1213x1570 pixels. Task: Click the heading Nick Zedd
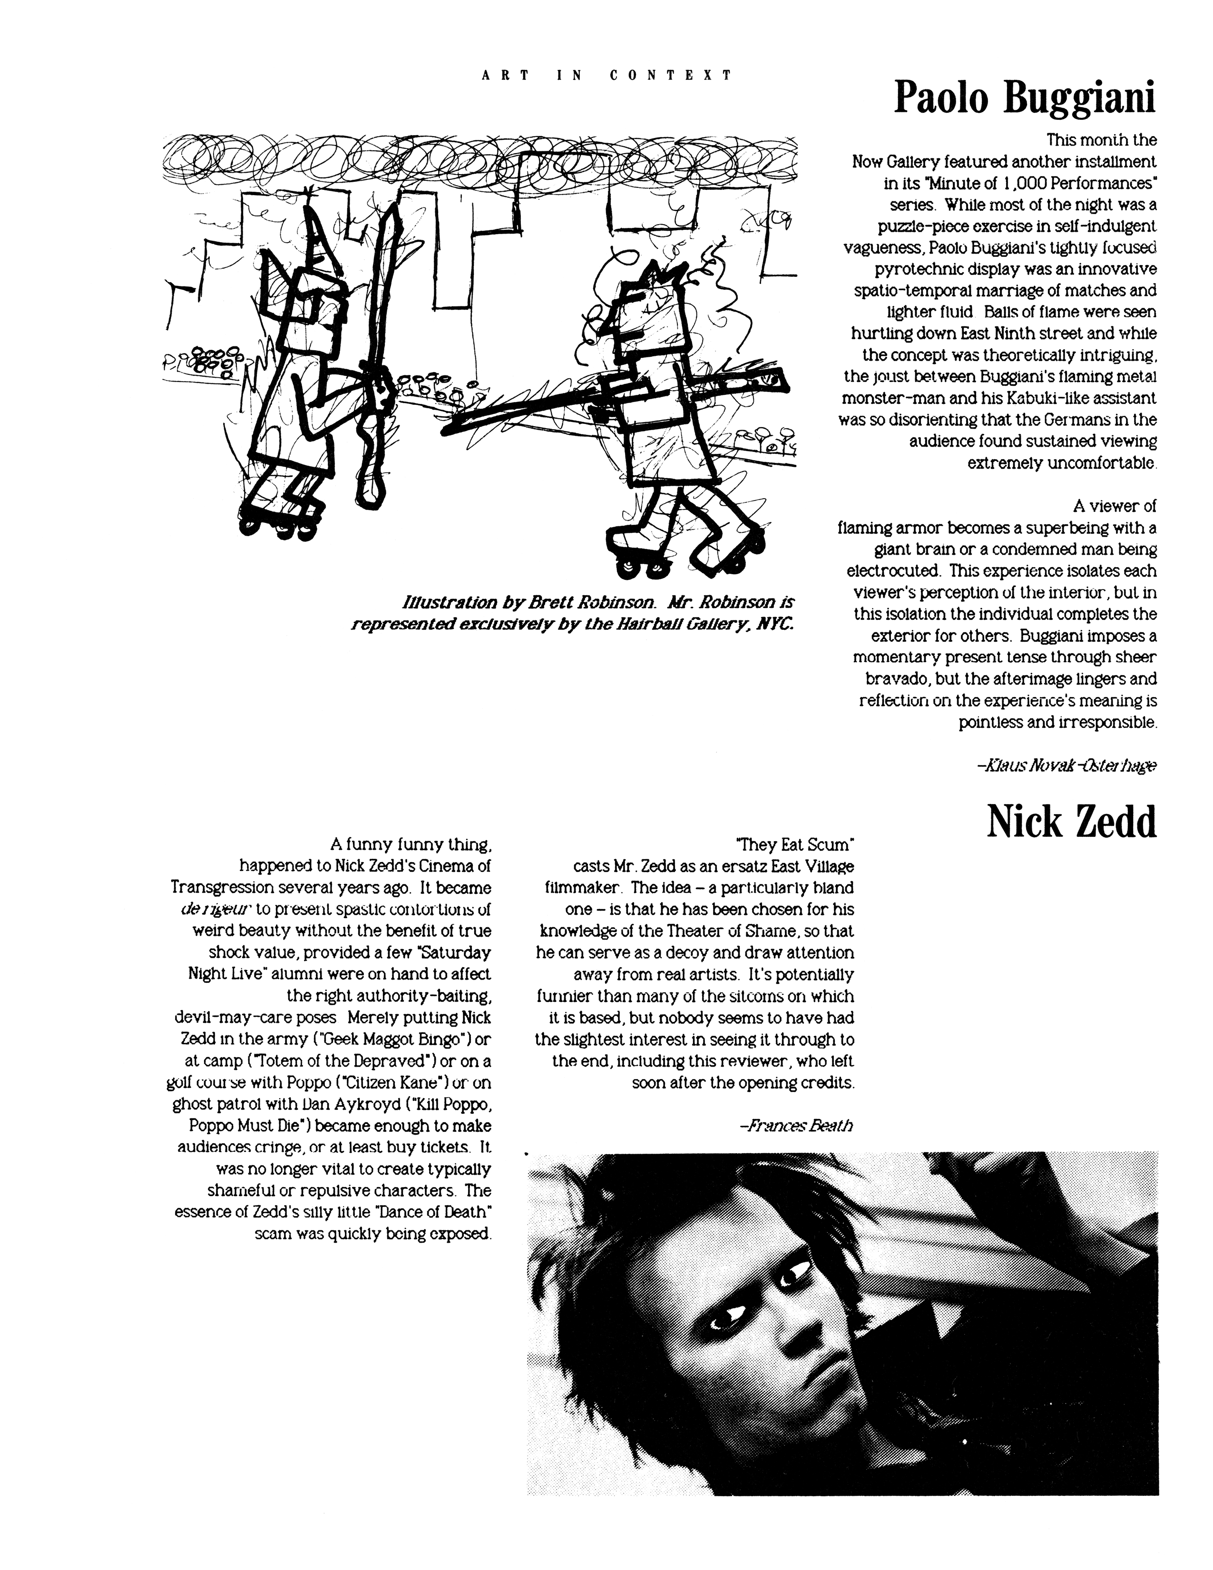[x=1071, y=821]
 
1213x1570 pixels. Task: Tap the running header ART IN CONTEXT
[x=607, y=75]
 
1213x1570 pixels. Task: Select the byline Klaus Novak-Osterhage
[x=1066, y=766]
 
